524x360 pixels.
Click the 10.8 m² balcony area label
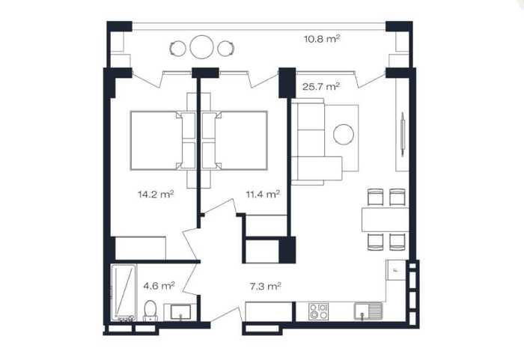pyautogui.click(x=322, y=39)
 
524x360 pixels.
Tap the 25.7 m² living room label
pyautogui.click(x=321, y=87)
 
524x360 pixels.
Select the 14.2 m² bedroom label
pyautogui.click(x=156, y=194)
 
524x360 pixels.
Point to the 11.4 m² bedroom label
pyautogui.click(x=263, y=194)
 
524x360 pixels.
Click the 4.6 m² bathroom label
pyautogui.click(x=159, y=286)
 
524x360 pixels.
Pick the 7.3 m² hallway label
pyautogui.click(x=265, y=286)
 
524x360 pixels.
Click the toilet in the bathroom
pyautogui.click(x=150, y=311)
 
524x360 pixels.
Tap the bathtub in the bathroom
pyautogui.click(x=124, y=292)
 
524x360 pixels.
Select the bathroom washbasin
pyautogui.click(x=180, y=312)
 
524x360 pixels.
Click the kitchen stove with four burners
pyautogui.click(x=318, y=311)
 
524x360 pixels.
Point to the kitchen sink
pyautogui.click(x=368, y=311)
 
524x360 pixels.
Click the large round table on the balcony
pyautogui.click(x=202, y=47)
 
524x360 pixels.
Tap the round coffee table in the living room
pyautogui.click(x=344, y=135)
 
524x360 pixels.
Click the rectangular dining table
pyautogui.click(x=386, y=219)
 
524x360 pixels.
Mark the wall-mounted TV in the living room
pyautogui.click(x=403, y=134)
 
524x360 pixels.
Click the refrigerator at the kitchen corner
pyautogui.click(x=396, y=269)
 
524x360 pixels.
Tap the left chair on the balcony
pyautogui.click(x=177, y=49)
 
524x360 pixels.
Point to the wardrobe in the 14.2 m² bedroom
pyautogui.click(x=141, y=248)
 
